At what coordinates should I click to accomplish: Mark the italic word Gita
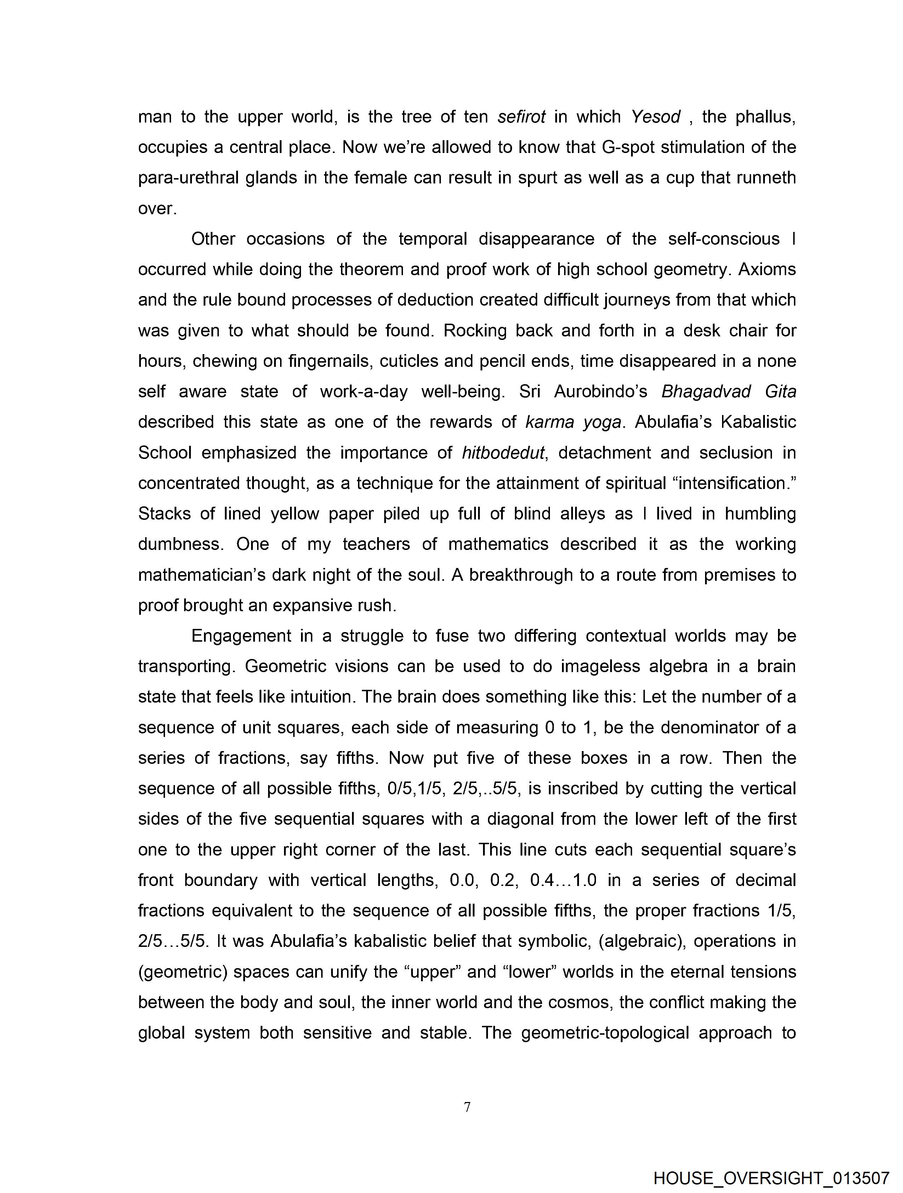(780, 392)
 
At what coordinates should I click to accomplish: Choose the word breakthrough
(521, 575)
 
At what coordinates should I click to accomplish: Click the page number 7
(467, 1107)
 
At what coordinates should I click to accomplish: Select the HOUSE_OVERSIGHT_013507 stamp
(771, 1178)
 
